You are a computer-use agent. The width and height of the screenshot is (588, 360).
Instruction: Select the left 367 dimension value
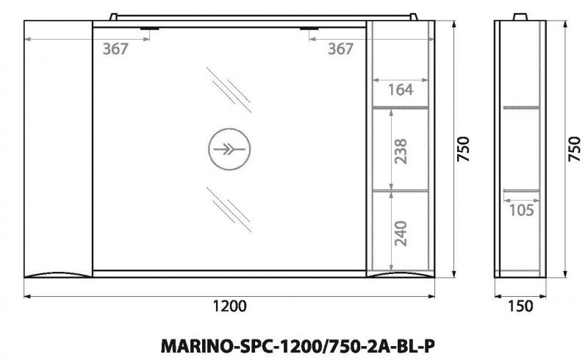[115, 48]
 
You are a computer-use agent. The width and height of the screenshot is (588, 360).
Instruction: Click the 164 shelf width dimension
[401, 90]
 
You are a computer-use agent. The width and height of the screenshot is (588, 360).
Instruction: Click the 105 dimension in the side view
[521, 211]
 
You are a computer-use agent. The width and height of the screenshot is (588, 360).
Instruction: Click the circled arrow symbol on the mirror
[226, 148]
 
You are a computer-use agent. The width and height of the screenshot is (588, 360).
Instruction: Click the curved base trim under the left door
[58, 275]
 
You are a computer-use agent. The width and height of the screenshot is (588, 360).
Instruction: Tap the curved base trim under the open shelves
[400, 276]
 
